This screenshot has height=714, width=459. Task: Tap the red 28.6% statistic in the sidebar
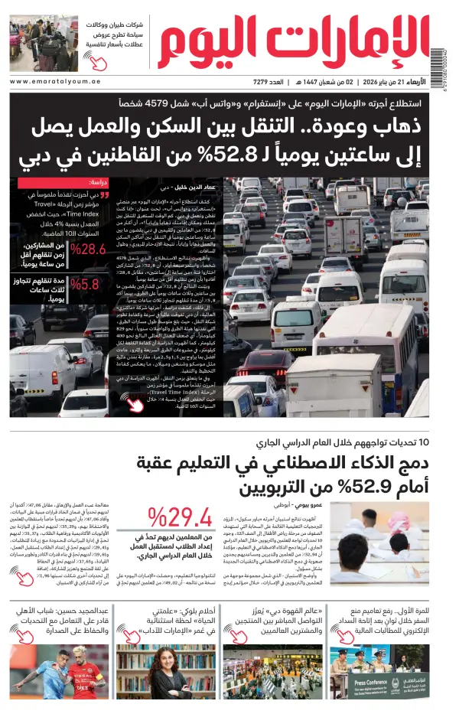86,249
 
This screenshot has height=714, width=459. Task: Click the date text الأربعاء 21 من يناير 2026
407,82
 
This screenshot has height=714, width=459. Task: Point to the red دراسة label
98,184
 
